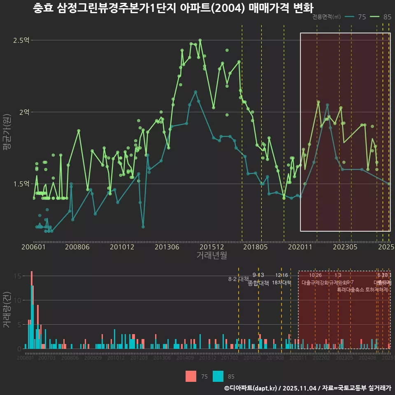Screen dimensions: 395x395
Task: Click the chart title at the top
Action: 173,8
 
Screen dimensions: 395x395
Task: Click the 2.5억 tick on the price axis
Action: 21,40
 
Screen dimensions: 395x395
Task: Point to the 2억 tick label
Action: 23,112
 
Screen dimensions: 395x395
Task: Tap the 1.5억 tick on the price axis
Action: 21,184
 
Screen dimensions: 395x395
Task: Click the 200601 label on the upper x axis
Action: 33,247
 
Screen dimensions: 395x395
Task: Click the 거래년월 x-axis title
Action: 211,256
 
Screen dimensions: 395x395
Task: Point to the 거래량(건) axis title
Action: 7,310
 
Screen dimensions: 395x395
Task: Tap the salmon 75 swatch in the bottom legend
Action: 191,376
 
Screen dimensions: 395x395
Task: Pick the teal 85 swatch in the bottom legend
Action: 218,376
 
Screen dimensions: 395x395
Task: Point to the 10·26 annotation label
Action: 315,275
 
